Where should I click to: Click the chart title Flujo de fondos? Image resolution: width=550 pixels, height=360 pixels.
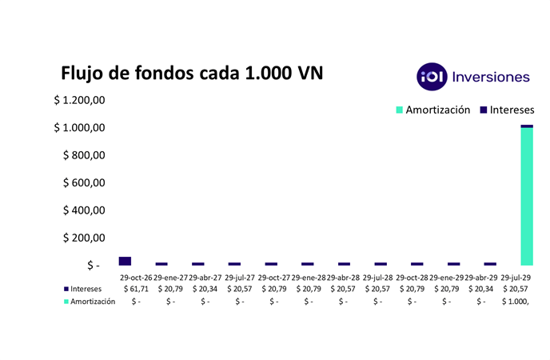(193, 74)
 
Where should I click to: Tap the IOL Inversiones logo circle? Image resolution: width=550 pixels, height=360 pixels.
(432, 77)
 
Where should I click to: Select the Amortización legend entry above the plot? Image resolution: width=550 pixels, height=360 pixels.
(432, 110)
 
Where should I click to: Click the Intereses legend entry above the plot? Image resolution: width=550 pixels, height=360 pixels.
(506, 110)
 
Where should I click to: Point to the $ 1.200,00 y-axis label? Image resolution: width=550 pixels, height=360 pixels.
(80, 101)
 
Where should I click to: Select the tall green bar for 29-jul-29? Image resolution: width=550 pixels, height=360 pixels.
(526, 196)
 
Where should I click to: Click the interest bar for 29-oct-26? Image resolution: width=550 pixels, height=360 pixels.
(125, 261)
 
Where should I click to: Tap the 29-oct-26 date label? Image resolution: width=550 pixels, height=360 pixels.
(136, 277)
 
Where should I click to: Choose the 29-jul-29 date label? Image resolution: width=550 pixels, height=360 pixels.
(516, 277)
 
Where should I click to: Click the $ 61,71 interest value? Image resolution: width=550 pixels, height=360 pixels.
(136, 289)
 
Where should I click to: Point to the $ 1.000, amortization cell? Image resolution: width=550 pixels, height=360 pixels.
(516, 302)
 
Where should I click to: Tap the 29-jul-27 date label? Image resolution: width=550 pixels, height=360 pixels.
(239, 277)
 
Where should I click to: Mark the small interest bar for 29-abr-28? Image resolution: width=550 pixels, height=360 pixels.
(344, 263)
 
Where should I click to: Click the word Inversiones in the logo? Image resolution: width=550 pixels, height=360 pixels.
(491, 77)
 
